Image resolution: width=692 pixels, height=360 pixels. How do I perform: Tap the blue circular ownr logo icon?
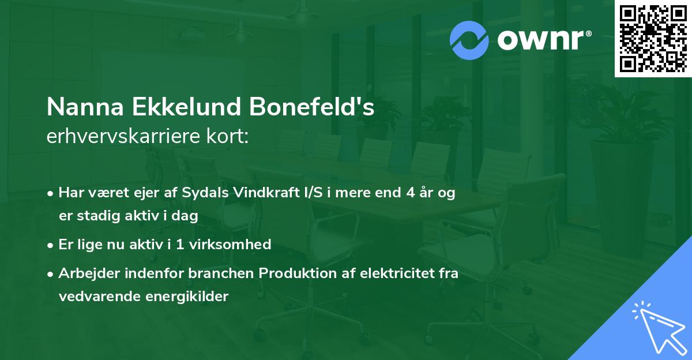pos(469,40)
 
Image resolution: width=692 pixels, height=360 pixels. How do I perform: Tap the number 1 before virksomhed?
pos(180,245)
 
